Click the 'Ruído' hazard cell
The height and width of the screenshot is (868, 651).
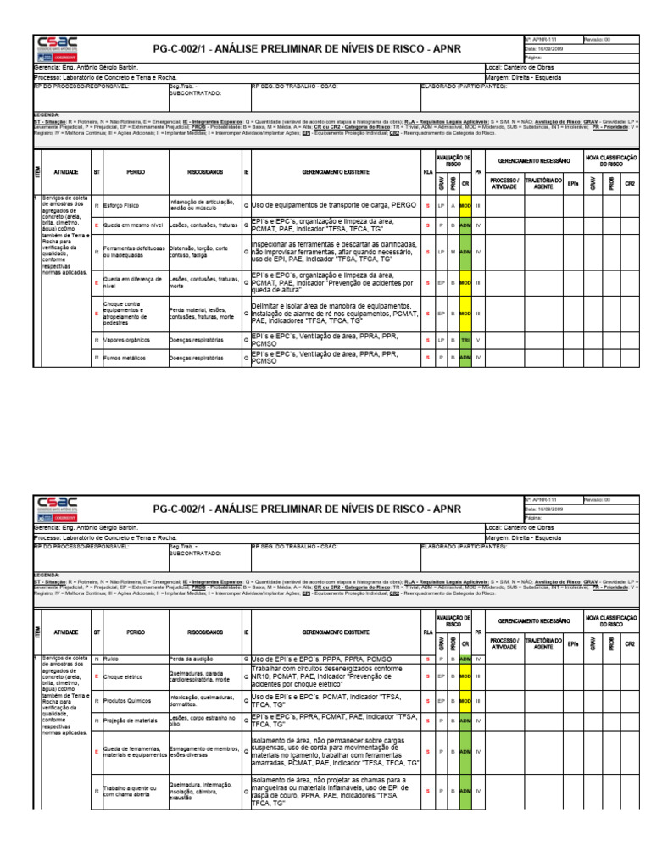(x=111, y=659)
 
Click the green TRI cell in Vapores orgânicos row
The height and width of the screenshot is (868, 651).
(x=465, y=341)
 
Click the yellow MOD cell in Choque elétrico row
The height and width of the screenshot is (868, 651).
(x=465, y=677)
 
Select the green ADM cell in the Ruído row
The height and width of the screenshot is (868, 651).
(x=465, y=659)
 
